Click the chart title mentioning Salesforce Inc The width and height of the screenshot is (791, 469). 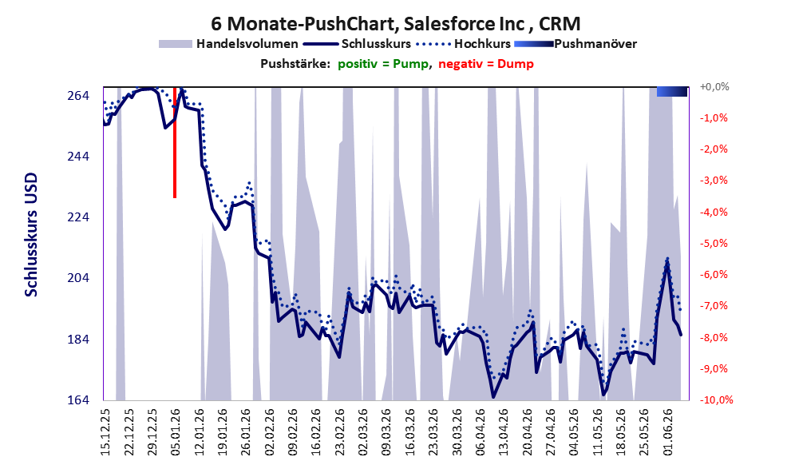coord(396,23)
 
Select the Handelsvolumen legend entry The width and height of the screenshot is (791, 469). coord(228,44)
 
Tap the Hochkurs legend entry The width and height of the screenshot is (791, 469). coord(463,44)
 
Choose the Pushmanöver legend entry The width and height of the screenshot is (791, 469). coord(575,44)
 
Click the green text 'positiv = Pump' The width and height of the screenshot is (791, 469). coord(383,64)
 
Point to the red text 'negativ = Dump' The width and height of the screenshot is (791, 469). coord(486,64)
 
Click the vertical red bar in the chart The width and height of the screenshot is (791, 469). coord(175,142)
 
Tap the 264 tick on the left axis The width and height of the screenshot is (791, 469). coord(78,95)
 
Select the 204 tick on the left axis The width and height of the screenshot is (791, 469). coord(78,278)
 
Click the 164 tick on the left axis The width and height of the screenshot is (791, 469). coord(78,399)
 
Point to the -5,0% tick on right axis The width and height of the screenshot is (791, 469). coord(714,244)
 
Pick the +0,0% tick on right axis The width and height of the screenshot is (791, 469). coord(714,87)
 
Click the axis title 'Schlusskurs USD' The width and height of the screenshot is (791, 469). coord(31,235)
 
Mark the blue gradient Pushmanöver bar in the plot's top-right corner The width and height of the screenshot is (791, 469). coord(672,91)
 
